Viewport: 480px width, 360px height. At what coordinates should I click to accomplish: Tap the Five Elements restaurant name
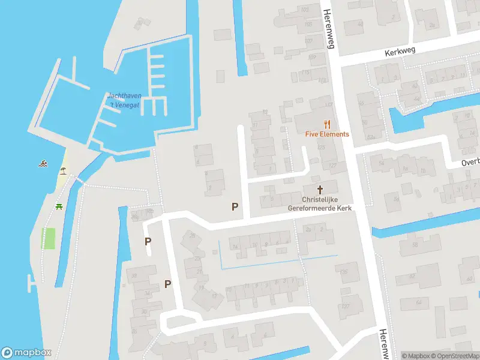[326, 134]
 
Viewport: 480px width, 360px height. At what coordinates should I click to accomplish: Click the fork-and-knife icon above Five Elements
[327, 124]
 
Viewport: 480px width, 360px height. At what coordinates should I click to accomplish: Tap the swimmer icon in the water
[43, 163]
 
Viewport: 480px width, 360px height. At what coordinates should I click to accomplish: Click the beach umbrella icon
[62, 171]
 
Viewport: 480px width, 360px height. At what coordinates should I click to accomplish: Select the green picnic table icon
[59, 207]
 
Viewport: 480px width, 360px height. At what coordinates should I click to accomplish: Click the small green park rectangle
[49, 238]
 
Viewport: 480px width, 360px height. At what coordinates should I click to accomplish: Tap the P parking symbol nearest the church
[235, 206]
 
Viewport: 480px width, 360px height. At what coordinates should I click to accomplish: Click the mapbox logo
[25, 352]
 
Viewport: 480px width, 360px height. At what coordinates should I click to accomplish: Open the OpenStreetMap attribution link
[455, 356]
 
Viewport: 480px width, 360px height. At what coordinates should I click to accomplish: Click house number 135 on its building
[345, 273]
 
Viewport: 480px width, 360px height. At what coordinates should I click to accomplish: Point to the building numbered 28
[193, 236]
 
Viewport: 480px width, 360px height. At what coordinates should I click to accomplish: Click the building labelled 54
[381, 163]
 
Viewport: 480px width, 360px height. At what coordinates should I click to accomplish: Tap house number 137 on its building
[345, 306]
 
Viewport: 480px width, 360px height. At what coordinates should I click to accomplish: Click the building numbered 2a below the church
[309, 229]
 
